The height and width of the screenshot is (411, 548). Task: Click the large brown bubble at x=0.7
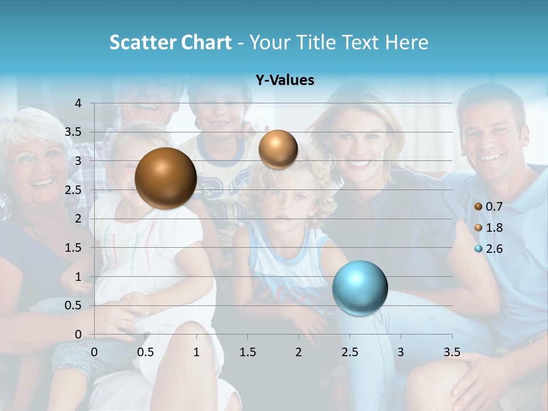[166, 178]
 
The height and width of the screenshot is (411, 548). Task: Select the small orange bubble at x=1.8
[278, 150]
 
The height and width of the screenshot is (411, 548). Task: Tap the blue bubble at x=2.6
[360, 288]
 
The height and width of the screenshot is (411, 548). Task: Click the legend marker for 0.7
[478, 207]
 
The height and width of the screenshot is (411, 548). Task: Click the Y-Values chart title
[285, 80]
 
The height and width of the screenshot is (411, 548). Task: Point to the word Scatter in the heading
[143, 42]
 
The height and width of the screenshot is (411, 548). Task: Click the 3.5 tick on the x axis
[452, 352]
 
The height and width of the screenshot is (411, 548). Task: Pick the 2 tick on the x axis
[299, 352]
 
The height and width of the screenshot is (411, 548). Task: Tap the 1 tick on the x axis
[196, 352]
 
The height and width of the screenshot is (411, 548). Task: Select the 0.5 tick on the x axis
[146, 352]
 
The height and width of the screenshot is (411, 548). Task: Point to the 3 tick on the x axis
[401, 352]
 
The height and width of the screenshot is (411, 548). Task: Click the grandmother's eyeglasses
[37, 158]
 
